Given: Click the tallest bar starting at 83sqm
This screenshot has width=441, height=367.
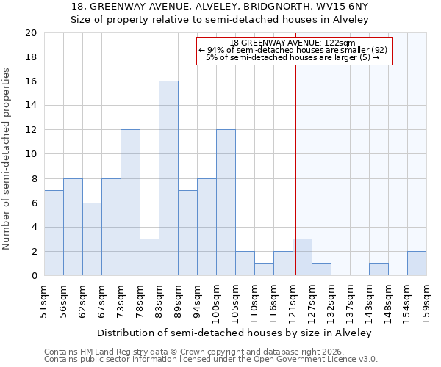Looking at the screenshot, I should (168, 178).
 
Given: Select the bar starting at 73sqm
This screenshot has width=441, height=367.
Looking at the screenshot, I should (130, 203).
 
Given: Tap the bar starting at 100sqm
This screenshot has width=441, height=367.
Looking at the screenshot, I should (226, 203).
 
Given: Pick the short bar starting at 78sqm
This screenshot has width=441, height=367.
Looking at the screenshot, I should (149, 257).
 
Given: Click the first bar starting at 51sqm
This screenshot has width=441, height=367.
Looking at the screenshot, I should (54, 233).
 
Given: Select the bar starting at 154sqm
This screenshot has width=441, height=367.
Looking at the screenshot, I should (417, 263).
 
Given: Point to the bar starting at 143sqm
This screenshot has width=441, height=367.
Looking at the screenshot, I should (379, 269).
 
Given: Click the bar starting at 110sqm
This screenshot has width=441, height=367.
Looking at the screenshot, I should (264, 269).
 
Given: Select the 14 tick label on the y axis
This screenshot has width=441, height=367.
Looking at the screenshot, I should (30, 106).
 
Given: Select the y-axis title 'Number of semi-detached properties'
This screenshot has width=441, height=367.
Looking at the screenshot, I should (7, 159).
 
